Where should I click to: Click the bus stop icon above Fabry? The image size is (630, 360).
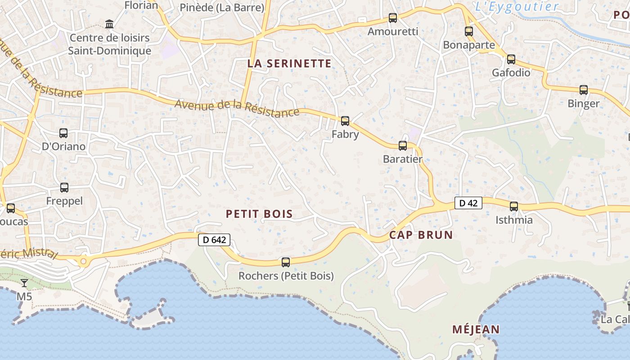[x=345, y=121]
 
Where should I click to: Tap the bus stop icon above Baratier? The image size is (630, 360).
[x=403, y=145]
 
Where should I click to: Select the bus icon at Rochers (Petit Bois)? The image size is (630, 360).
[x=286, y=262]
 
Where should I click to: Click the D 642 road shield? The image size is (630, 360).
[x=214, y=240]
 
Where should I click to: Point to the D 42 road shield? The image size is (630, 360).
[x=468, y=203]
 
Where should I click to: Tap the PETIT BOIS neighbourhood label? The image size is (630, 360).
[x=259, y=214]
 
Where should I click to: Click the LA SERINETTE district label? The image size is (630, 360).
[x=289, y=63]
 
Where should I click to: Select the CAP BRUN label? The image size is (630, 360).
[x=421, y=235]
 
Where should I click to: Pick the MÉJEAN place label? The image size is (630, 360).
[x=476, y=329]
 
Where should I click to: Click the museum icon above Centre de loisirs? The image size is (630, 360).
[x=109, y=23]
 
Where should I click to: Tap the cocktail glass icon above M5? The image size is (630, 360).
[x=24, y=283]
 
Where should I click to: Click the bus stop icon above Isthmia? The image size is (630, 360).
[x=514, y=206]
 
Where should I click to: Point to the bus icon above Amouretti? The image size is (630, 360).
[x=393, y=18]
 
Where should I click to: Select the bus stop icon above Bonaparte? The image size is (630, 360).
[x=469, y=31]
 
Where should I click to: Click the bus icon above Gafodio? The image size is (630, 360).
[x=511, y=59]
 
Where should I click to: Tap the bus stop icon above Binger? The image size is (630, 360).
[x=584, y=90]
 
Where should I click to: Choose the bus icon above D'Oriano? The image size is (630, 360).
[x=63, y=133]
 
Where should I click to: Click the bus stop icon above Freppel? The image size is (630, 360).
[x=64, y=187]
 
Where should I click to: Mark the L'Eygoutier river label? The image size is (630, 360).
[x=517, y=6]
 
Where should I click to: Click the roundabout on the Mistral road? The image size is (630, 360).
[x=83, y=261]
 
